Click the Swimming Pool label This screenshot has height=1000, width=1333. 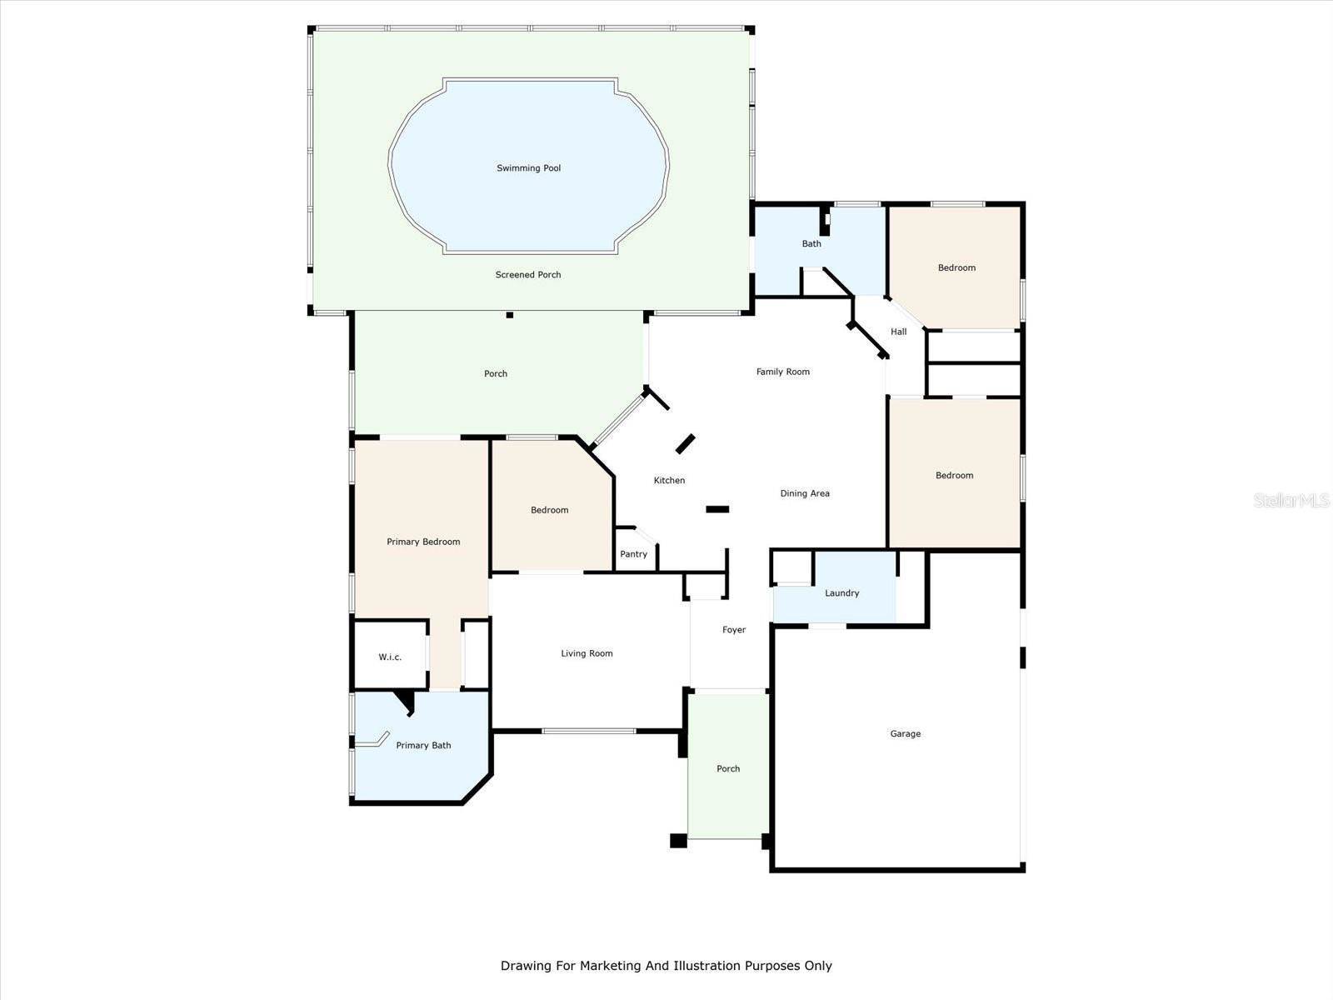tap(528, 168)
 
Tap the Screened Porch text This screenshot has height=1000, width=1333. tap(528, 275)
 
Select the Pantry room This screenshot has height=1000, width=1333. tap(634, 554)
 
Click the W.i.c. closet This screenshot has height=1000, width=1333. tap(390, 657)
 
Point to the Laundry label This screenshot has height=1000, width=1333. tap(841, 593)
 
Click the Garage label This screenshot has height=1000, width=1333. tap(905, 734)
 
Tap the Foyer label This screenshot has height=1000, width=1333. tap(733, 630)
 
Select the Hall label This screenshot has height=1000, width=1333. tap(898, 332)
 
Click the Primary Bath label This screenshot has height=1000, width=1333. tap(423, 746)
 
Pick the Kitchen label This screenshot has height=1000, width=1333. tap(669, 481)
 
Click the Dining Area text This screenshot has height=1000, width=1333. tap(804, 493)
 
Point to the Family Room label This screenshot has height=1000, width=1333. tap(782, 372)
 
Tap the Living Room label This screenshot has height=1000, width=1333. tap(587, 653)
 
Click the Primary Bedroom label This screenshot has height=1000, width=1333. tap(423, 542)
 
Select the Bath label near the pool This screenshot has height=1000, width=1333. tap(811, 244)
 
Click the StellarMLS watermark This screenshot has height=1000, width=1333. tap(1292, 501)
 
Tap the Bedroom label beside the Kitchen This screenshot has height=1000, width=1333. tap(549, 510)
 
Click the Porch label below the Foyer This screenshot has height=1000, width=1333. tap(728, 769)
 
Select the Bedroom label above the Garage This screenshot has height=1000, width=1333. tap(954, 476)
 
